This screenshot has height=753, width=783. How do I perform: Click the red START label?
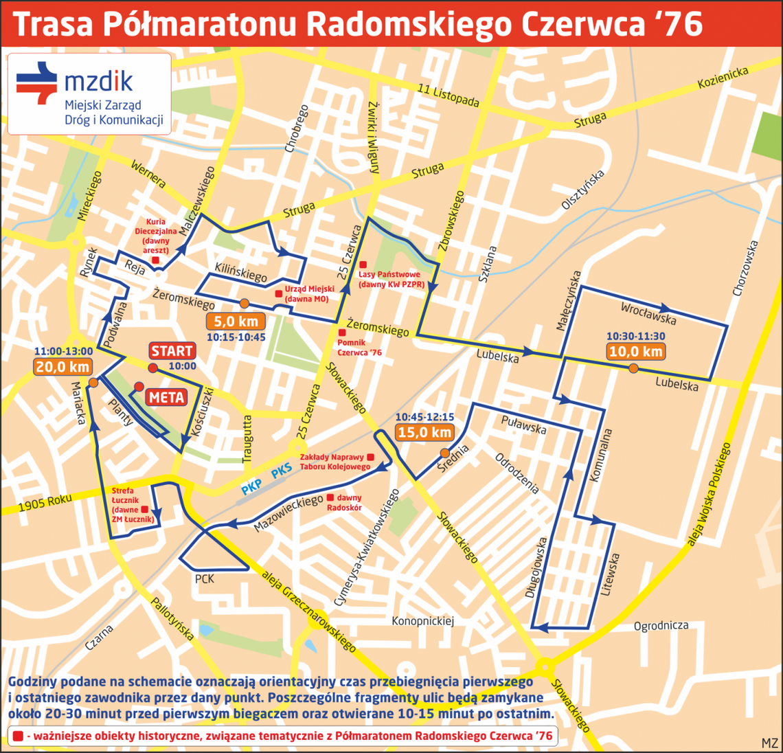tap(172, 351)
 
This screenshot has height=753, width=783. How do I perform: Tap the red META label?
tap(166, 397)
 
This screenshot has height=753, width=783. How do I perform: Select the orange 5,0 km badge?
tap(236, 321)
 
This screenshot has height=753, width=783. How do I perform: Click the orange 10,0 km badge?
tap(635, 351)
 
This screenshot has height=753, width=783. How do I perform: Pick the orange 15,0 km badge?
tap(424, 432)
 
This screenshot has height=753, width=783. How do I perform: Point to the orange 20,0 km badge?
tap(63, 367)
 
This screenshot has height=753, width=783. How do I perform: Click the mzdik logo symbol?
tap(37, 83)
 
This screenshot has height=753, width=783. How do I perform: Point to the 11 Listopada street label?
tap(448, 95)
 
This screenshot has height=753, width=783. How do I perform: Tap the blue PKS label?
tap(282, 471)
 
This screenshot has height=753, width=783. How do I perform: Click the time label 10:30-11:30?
tap(635, 336)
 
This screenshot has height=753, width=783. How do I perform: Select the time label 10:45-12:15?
tap(424, 417)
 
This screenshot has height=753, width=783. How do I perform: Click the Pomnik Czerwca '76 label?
tap(364, 347)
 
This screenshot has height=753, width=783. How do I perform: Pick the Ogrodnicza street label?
tap(661, 626)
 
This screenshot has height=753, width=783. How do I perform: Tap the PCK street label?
tap(204, 579)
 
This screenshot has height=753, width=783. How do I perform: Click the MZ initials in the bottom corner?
tap(769, 743)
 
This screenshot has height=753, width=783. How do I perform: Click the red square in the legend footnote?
tap(17, 736)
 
